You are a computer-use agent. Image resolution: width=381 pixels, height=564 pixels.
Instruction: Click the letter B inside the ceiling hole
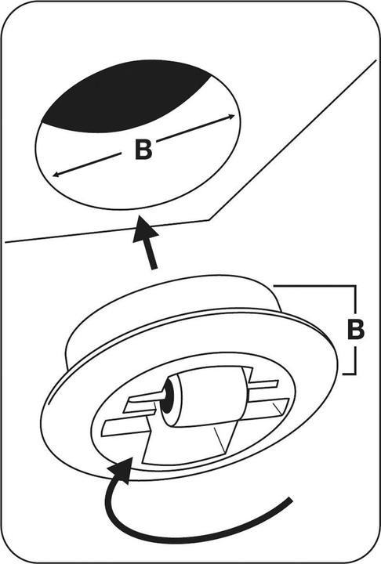(x=143, y=150)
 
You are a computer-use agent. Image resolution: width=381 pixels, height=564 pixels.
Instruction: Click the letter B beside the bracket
(x=355, y=328)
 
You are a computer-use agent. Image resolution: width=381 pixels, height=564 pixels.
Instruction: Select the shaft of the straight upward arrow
(x=152, y=255)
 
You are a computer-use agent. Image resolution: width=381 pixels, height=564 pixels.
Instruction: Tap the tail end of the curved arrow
(x=290, y=499)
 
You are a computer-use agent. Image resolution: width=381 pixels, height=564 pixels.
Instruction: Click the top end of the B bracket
(x=274, y=286)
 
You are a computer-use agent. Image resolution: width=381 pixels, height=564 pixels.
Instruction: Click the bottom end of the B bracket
(x=343, y=374)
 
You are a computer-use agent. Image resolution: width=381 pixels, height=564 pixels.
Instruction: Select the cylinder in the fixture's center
(x=205, y=400)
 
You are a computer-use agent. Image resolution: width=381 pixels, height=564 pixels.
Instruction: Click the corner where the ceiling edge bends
(x=209, y=219)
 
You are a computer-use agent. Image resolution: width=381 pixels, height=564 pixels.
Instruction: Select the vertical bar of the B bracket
(x=356, y=330)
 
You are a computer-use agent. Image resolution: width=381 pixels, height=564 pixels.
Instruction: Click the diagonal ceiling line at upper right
(x=292, y=139)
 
